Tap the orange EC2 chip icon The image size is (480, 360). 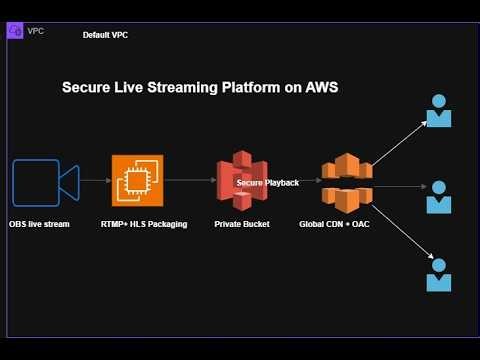[137, 181]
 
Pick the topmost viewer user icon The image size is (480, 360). [438, 111]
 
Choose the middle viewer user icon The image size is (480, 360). [438, 197]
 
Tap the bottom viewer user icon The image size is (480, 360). [438, 274]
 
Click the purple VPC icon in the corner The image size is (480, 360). [15, 31]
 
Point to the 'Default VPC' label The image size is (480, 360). [105, 35]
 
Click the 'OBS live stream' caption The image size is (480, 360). [39, 224]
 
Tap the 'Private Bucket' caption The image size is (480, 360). [241, 224]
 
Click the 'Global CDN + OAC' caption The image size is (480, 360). [334, 224]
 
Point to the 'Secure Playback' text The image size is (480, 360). [267, 183]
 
